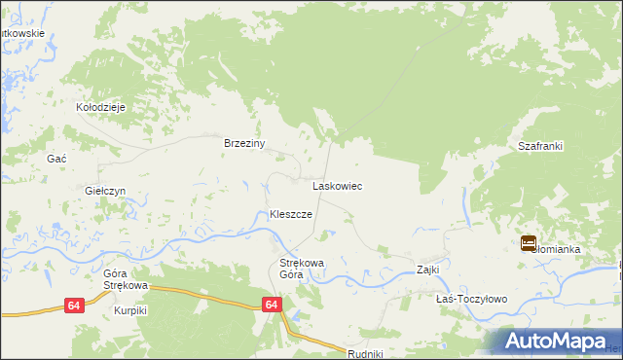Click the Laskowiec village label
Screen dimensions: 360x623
click(x=337, y=185)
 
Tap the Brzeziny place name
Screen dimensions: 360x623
click(x=244, y=143)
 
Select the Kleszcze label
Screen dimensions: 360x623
click(x=290, y=214)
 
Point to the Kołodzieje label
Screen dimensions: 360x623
click(x=102, y=107)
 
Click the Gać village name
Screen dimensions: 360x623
click(x=56, y=158)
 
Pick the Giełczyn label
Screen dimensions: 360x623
click(x=105, y=191)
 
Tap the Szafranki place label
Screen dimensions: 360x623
click(x=540, y=146)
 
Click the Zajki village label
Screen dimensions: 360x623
click(x=428, y=270)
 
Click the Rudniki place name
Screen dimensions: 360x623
click(x=366, y=354)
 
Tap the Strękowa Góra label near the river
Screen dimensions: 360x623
click(x=302, y=269)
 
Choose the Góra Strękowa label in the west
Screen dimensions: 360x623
click(x=125, y=280)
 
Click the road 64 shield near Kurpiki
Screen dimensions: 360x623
click(x=74, y=306)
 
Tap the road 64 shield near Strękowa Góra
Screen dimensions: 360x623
click(x=272, y=306)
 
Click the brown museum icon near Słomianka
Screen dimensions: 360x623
click(x=529, y=243)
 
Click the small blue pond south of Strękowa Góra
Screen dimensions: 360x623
click(x=296, y=315)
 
